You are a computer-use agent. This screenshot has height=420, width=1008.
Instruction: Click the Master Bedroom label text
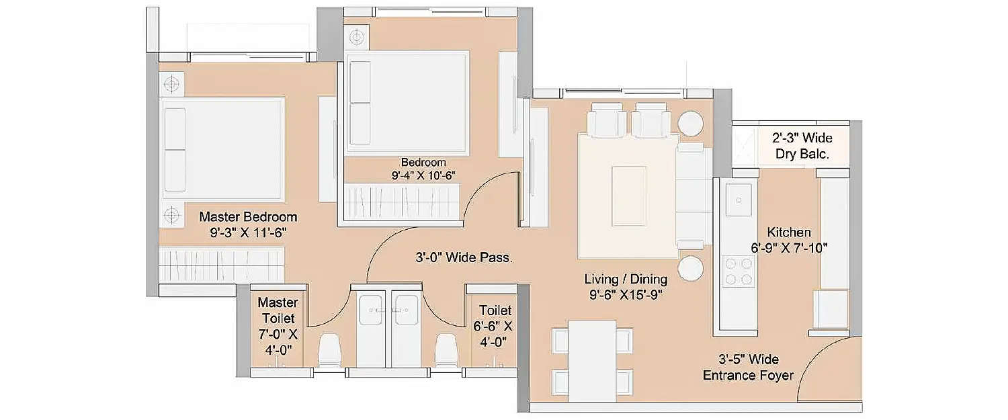point(248,218)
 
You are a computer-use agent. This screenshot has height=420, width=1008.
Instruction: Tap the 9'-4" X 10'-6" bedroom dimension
point(423,176)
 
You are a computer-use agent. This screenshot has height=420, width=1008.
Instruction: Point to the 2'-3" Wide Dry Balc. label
point(801,146)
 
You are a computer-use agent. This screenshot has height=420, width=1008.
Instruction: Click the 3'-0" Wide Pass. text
point(464,257)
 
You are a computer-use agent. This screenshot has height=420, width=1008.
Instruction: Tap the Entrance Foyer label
point(748,375)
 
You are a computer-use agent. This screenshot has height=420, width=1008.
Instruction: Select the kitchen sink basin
point(739,200)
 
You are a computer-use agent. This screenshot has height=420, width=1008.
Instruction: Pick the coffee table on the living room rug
point(628,196)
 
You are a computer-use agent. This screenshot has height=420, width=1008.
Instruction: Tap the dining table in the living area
point(592,360)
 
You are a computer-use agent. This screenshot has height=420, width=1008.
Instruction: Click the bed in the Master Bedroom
point(222,149)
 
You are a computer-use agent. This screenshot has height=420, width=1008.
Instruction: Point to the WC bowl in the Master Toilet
point(330,351)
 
